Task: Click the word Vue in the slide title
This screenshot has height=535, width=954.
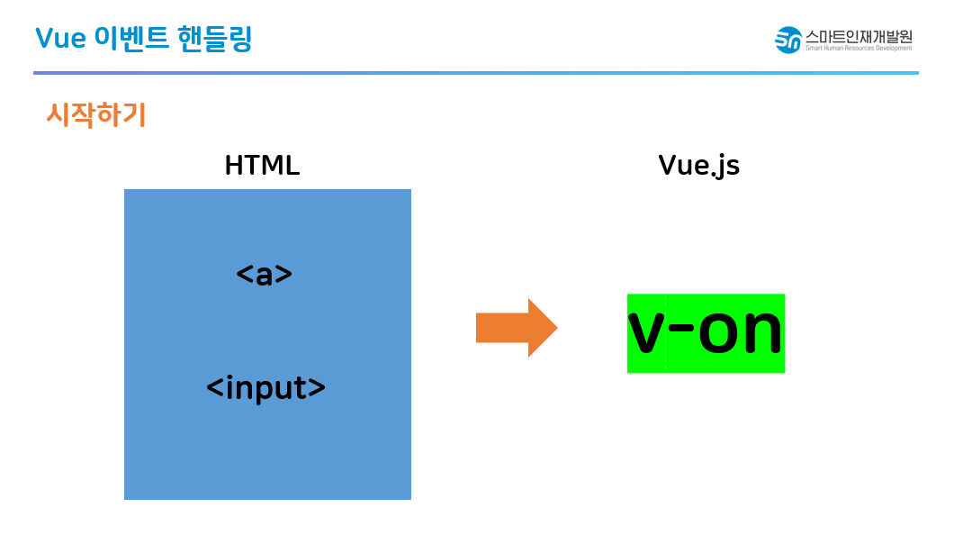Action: [x=60, y=39]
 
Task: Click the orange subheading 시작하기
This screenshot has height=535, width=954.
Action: [x=95, y=115]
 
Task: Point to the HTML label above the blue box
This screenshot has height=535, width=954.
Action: [x=262, y=166]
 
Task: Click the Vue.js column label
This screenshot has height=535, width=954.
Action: [x=698, y=166]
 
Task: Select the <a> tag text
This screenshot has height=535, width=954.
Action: [x=265, y=275]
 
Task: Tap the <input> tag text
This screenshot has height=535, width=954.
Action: [x=265, y=387]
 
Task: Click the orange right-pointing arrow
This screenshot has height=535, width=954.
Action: [x=516, y=328]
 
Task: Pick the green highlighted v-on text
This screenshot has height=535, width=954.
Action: [x=706, y=332]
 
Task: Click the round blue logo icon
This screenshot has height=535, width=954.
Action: [x=788, y=40]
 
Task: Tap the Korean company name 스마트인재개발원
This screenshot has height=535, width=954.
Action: [x=859, y=36]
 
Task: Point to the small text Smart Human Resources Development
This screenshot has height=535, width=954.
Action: [x=859, y=48]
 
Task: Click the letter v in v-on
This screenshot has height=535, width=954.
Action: [x=646, y=333]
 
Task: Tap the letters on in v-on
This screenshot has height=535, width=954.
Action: [x=741, y=333]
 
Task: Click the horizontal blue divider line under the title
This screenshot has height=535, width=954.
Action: [x=475, y=73]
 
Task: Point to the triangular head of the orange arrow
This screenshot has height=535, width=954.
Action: [x=542, y=328]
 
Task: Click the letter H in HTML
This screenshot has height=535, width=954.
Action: [x=234, y=166]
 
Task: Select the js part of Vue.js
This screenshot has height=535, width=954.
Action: [x=728, y=168]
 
